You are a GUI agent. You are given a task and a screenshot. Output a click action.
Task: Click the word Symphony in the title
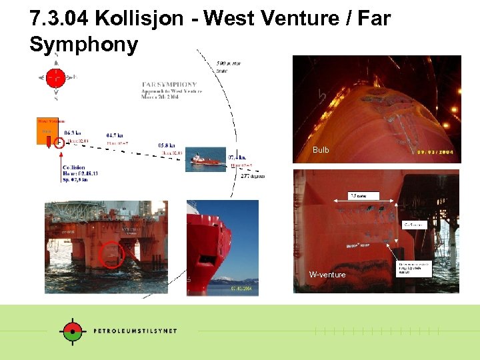pos(84,45)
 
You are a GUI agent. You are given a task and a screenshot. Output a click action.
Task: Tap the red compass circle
pos(55,78)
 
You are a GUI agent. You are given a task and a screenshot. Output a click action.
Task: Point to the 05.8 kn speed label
pos(167,145)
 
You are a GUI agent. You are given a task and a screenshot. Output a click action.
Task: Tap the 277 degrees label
pos(253,176)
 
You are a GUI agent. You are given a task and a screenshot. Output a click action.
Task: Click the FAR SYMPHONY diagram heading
pos(169,85)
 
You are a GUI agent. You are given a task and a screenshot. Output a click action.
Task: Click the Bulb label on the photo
pos(321,150)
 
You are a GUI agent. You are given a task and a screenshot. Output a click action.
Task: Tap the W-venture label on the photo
pos(327,275)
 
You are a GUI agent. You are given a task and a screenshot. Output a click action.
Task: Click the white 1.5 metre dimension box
pos(363,195)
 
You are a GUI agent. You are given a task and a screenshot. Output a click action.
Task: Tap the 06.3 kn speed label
pos(73,133)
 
